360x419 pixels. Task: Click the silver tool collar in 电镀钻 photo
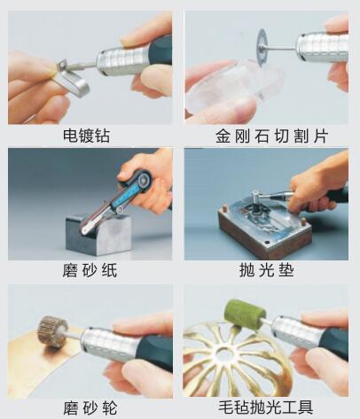click(114, 60)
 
